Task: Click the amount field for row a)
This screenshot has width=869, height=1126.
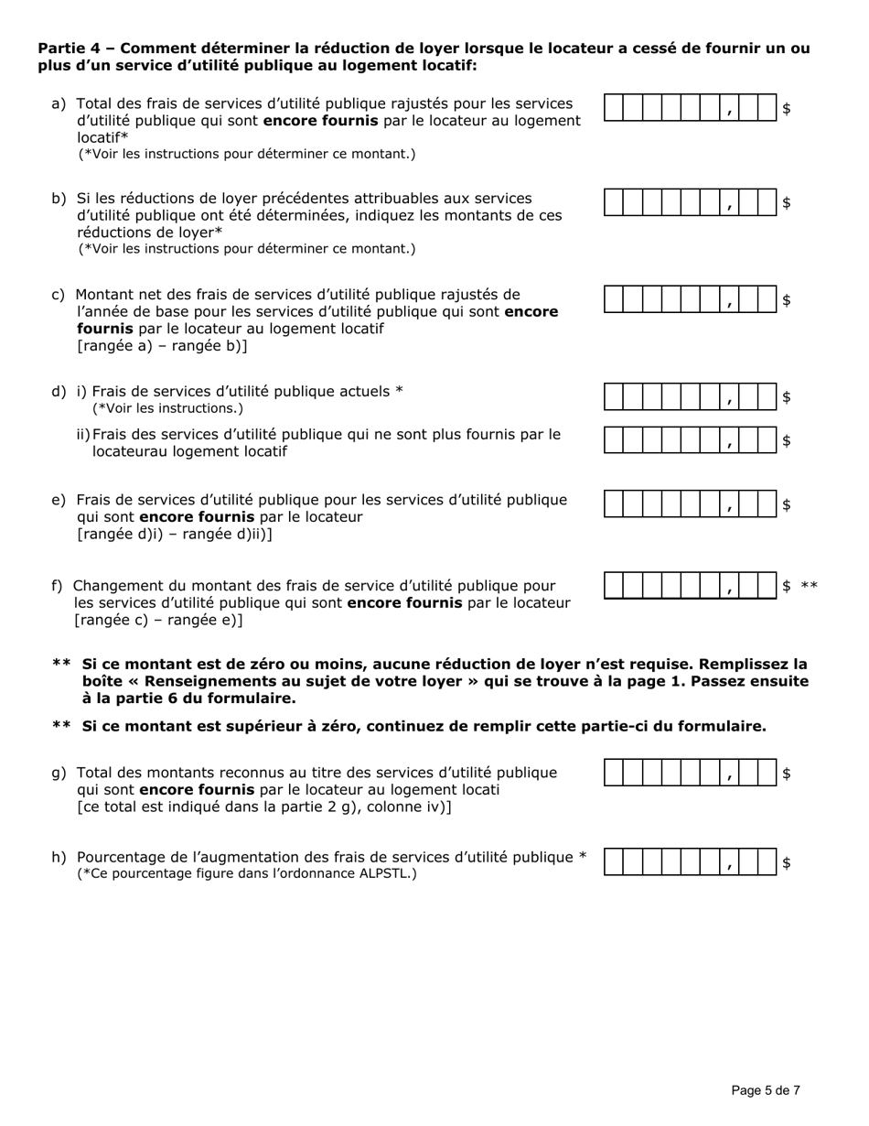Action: pos(691,108)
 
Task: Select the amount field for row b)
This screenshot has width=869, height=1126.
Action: pos(691,203)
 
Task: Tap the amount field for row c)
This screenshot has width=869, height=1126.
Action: pos(691,299)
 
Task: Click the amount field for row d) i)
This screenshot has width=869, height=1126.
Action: pos(691,396)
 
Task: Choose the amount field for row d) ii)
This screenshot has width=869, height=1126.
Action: pos(691,440)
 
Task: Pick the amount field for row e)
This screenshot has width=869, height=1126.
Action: pos(691,504)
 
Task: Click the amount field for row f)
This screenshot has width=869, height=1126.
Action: pos(691,586)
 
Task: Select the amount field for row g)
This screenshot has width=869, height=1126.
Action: pos(691,774)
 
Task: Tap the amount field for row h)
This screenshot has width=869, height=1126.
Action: pos(691,862)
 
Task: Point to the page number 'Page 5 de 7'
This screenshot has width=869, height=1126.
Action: pos(766,1090)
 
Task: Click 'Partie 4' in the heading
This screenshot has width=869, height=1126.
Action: pos(71,49)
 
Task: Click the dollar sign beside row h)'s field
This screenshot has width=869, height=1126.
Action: pos(787,862)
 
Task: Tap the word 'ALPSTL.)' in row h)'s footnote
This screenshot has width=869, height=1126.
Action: pos(387,874)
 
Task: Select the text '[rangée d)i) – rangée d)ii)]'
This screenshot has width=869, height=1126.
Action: pos(174,534)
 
